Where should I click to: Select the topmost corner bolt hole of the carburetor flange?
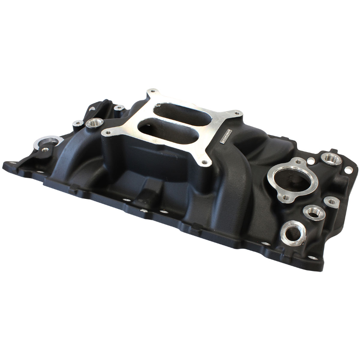pos(152,92)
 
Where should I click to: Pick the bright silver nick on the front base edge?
pos(143,210)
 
